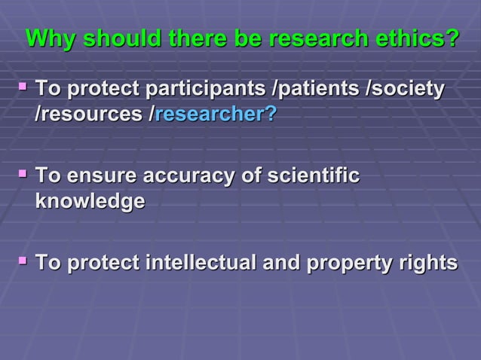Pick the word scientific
(315, 178)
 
